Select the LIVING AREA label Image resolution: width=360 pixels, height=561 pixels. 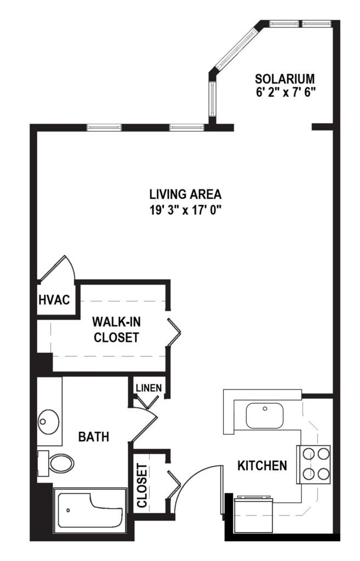(x=185, y=194)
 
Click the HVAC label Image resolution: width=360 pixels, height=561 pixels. (x=54, y=300)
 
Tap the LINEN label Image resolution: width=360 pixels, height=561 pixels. (x=148, y=388)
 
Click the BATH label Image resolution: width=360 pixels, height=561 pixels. (x=93, y=437)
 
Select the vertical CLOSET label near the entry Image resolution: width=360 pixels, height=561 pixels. (x=142, y=485)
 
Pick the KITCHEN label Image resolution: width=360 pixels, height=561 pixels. (x=262, y=466)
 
